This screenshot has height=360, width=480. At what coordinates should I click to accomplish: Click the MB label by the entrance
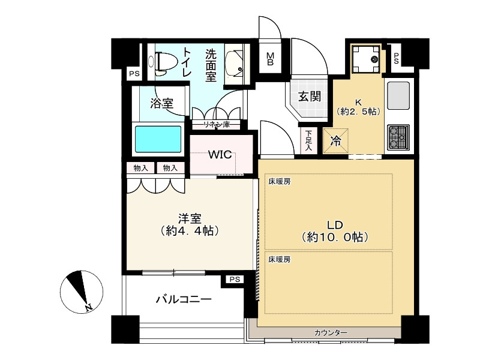271,59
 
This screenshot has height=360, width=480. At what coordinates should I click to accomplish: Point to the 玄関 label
310,97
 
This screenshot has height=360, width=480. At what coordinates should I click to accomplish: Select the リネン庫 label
215,125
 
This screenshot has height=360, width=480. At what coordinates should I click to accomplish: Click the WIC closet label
220,154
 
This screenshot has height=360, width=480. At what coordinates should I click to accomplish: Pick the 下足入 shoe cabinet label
308,140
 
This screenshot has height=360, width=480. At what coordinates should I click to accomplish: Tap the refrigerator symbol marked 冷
336,142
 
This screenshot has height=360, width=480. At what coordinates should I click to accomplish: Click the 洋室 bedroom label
189,224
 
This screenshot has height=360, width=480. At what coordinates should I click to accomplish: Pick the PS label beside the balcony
233,279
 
